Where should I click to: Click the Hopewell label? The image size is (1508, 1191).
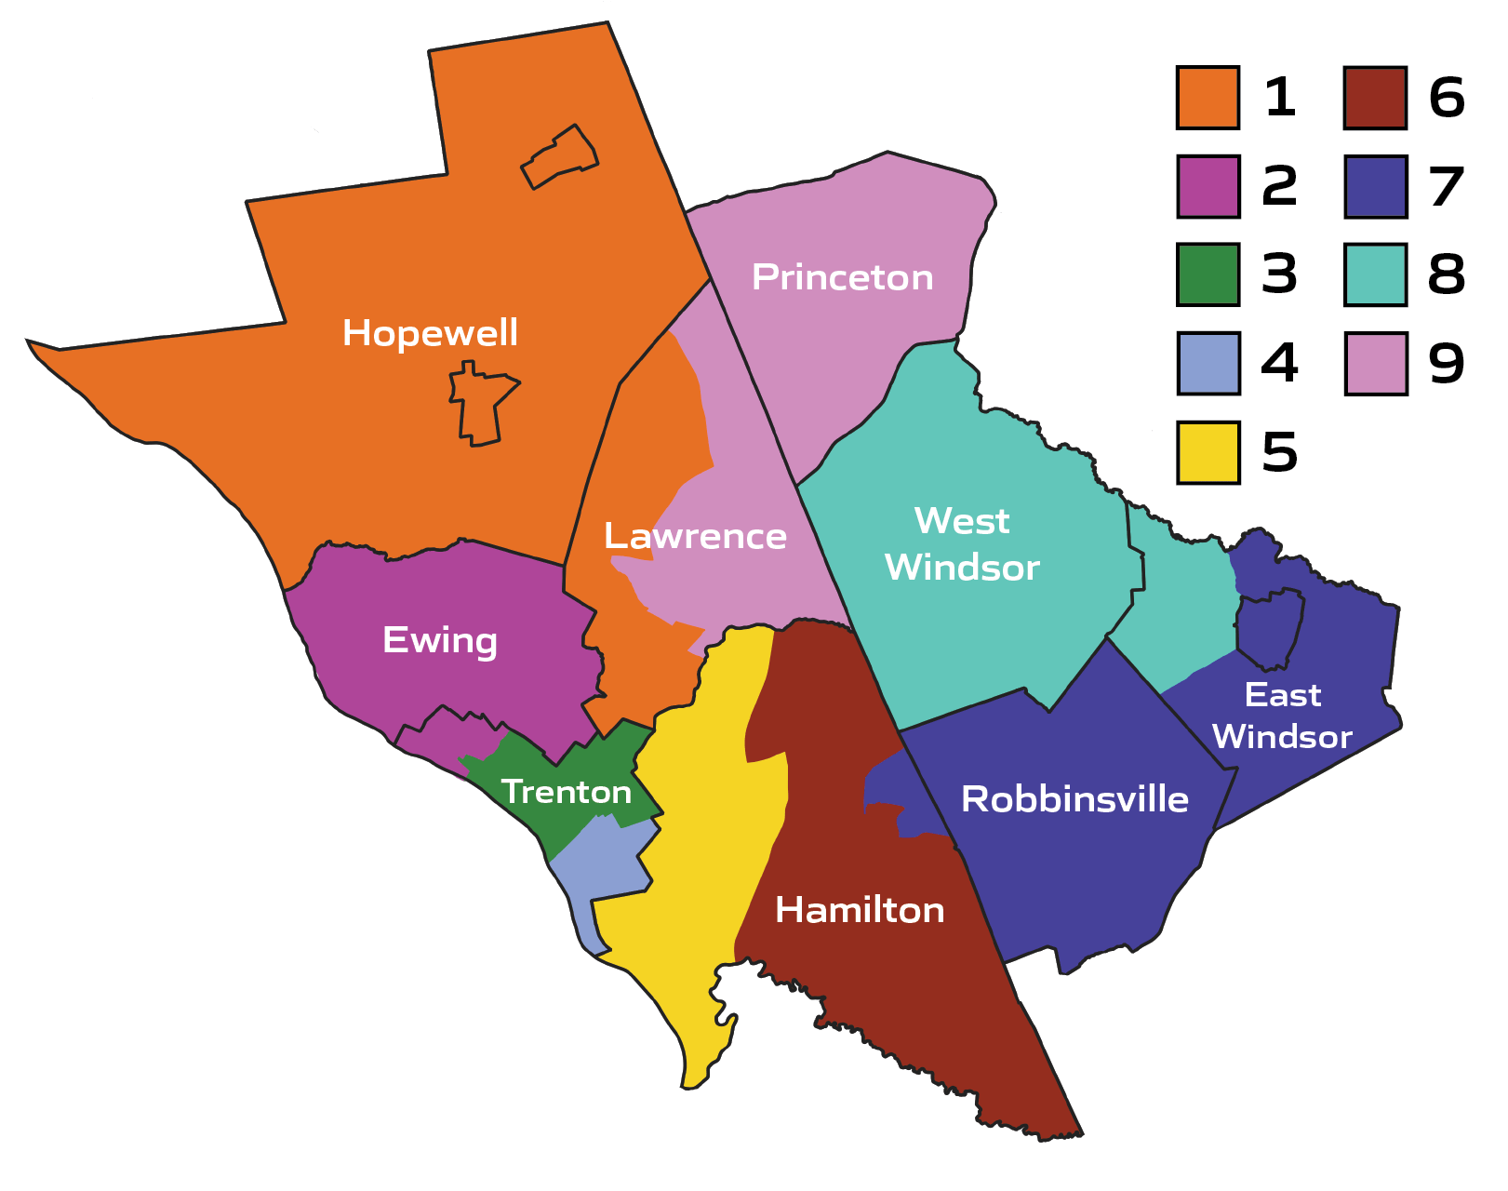coord(430,333)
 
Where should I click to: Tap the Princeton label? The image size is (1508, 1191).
coord(842,277)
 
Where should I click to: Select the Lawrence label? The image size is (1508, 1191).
coord(695,536)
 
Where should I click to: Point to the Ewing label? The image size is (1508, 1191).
coord(440,640)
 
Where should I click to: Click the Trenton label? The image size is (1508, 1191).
coord(567,792)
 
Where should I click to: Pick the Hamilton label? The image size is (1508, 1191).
coord(860,910)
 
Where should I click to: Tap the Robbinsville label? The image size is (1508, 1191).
coord(1074,799)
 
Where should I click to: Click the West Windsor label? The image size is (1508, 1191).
coord(962,544)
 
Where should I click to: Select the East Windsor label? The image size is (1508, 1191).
coord(1282,716)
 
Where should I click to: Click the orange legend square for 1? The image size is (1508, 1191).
coord(1208,97)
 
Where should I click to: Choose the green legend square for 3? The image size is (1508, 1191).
coord(1208,274)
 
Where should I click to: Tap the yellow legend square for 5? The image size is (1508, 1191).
coord(1208,452)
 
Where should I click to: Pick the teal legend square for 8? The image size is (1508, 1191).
coord(1375,274)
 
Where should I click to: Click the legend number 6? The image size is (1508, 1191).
coord(1447,98)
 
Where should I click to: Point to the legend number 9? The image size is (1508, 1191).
coord(1447,364)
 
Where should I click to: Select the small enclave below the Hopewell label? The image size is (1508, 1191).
coord(479,407)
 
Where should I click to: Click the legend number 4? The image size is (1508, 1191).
coord(1279,364)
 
